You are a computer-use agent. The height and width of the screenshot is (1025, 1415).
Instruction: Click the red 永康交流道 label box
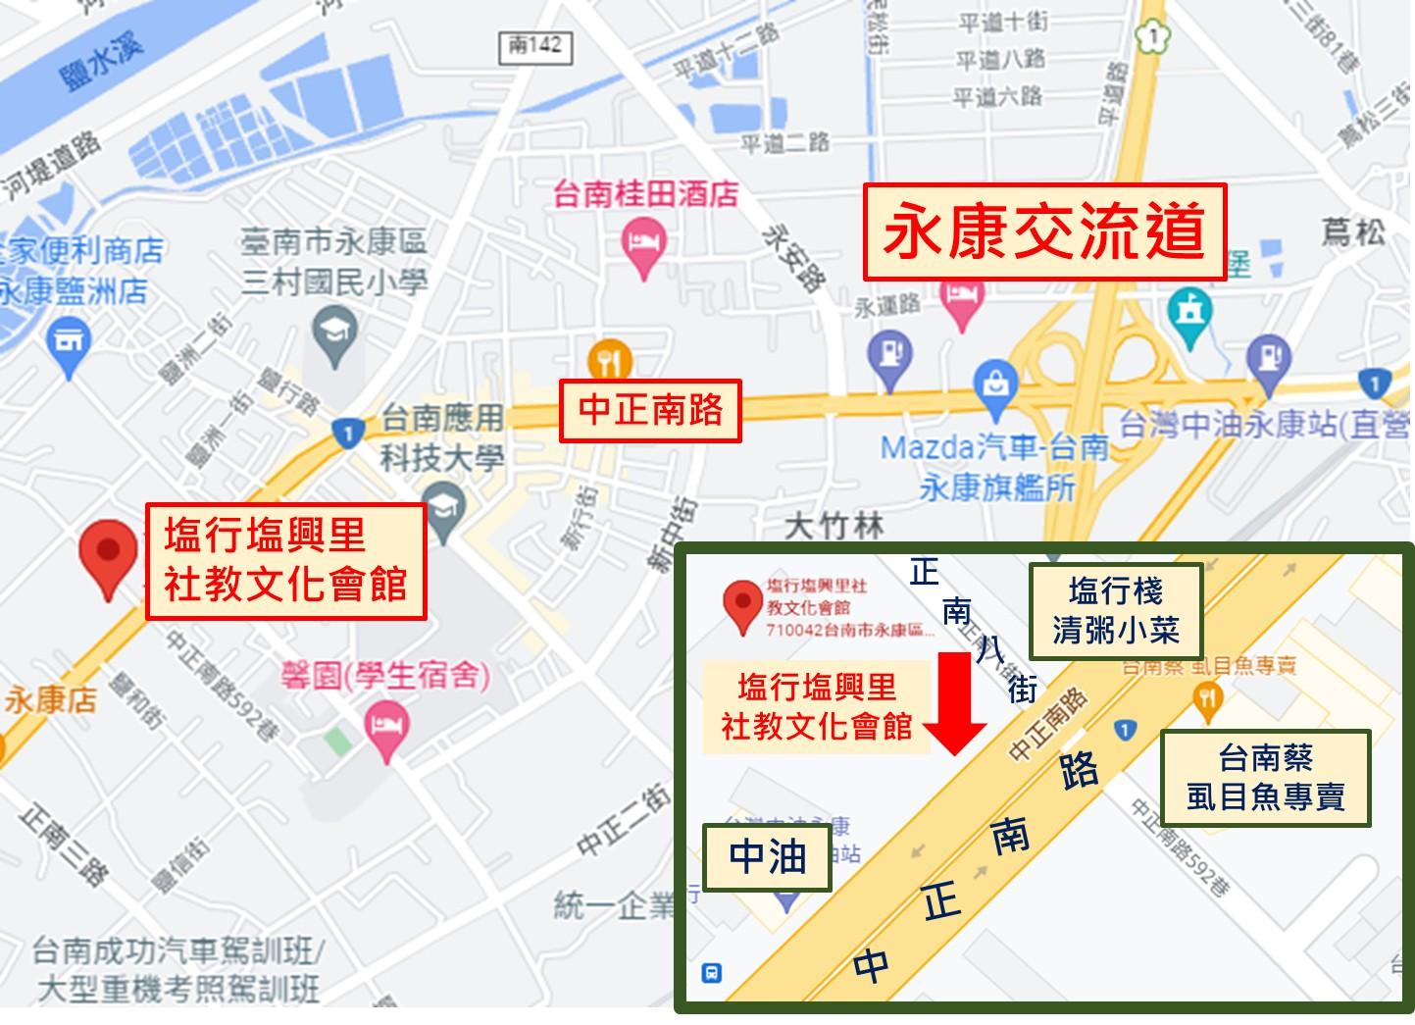pos(1044,231)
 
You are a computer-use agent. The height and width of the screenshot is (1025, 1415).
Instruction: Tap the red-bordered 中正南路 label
pos(650,410)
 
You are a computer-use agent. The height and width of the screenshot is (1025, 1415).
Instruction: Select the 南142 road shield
pos(535,45)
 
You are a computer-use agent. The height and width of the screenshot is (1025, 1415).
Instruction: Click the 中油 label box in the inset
pos(768,857)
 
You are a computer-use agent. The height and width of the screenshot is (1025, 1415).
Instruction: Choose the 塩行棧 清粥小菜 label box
pos(1116,611)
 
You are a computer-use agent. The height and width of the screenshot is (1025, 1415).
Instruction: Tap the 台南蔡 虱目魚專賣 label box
pos(1265,777)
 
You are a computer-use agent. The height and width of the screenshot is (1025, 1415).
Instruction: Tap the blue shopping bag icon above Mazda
pos(995,383)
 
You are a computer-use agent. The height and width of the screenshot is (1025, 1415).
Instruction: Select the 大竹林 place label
pos(834,527)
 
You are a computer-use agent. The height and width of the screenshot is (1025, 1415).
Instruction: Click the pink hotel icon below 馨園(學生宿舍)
pos(386,730)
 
